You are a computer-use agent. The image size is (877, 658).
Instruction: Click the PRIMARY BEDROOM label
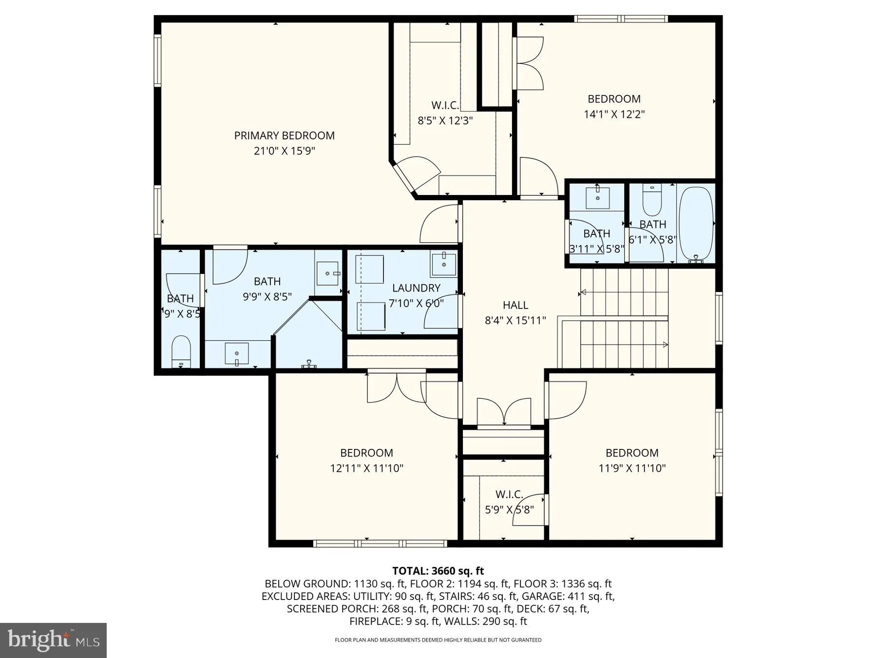tap(284, 135)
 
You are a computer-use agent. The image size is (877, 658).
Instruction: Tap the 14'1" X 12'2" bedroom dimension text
tap(614, 115)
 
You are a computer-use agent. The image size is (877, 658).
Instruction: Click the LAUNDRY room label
tap(416, 288)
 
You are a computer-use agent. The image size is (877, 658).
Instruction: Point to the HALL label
tap(515, 305)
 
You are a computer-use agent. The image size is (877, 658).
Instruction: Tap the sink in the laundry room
tap(443, 265)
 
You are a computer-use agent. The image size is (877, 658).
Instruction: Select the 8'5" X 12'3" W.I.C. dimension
tap(445, 120)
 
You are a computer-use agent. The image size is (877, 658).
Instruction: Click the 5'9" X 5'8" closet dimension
tap(509, 510)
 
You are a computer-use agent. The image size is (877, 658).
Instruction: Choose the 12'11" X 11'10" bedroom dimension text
tap(366, 468)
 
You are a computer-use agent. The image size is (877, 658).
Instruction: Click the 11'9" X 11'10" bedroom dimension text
tap(632, 468)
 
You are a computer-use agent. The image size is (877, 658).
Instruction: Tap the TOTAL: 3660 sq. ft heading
tap(438, 571)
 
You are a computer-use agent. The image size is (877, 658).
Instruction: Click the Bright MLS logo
tap(53, 640)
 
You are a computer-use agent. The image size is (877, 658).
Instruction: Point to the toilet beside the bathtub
tap(651, 202)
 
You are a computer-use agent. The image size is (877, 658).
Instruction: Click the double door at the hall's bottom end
tap(504, 413)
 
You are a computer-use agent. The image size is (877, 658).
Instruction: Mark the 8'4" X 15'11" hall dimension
tap(515, 321)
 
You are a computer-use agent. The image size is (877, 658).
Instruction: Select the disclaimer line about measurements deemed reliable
tap(438, 640)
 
